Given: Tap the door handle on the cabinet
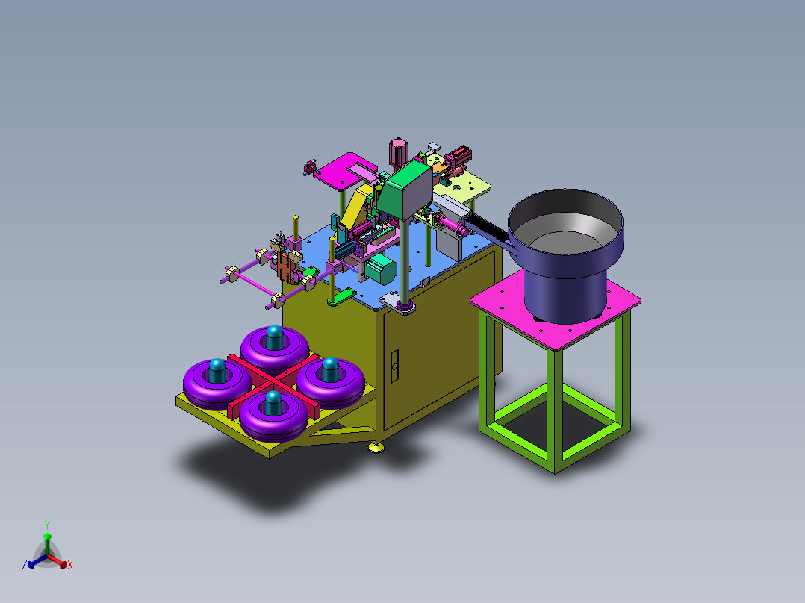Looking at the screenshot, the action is pyautogui.click(x=394, y=366).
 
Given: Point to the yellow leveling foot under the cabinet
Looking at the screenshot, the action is pyautogui.click(x=376, y=448).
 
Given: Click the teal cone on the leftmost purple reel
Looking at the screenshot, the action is pyautogui.click(x=217, y=370).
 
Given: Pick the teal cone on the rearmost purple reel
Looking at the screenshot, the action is pyautogui.click(x=275, y=337).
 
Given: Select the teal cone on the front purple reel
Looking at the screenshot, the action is pyautogui.click(x=273, y=403).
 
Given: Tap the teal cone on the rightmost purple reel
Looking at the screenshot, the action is pyautogui.click(x=330, y=369).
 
